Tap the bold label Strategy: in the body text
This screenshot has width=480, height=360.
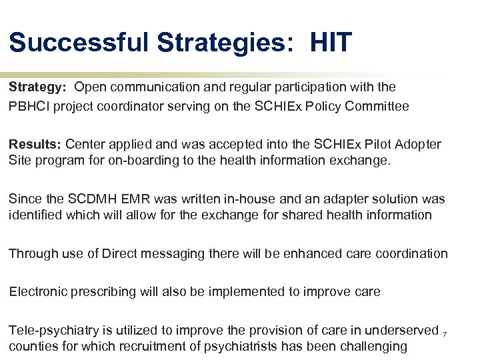(x=37, y=87)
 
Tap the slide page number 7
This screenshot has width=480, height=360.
(x=445, y=332)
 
